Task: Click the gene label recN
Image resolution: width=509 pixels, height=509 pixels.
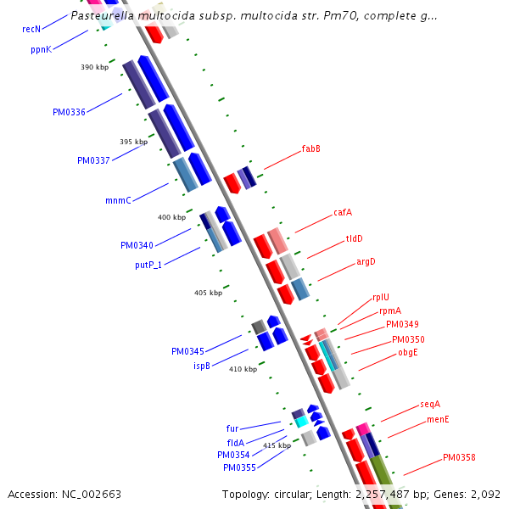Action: click(32, 29)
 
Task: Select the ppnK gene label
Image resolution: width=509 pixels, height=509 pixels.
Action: click(41, 50)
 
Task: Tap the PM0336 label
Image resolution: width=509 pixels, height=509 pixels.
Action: click(69, 112)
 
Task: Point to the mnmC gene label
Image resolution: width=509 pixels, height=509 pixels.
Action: click(118, 201)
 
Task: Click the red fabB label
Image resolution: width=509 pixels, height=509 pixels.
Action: click(310, 149)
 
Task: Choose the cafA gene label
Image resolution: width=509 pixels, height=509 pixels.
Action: click(343, 213)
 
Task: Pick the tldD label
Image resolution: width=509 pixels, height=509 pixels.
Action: click(354, 238)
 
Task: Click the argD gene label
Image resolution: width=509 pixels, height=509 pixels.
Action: click(366, 261)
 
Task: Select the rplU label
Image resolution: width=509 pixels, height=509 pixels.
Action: click(381, 298)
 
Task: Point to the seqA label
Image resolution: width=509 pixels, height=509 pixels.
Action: click(430, 405)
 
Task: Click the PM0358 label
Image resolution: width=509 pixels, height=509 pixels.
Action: click(459, 458)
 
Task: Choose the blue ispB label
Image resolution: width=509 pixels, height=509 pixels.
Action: click(201, 366)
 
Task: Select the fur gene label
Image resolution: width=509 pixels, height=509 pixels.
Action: click(232, 428)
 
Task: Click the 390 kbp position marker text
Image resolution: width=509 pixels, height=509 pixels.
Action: click(95, 67)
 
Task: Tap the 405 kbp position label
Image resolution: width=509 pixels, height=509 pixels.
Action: click(208, 293)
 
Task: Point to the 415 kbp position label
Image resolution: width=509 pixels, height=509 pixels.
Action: click(277, 445)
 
